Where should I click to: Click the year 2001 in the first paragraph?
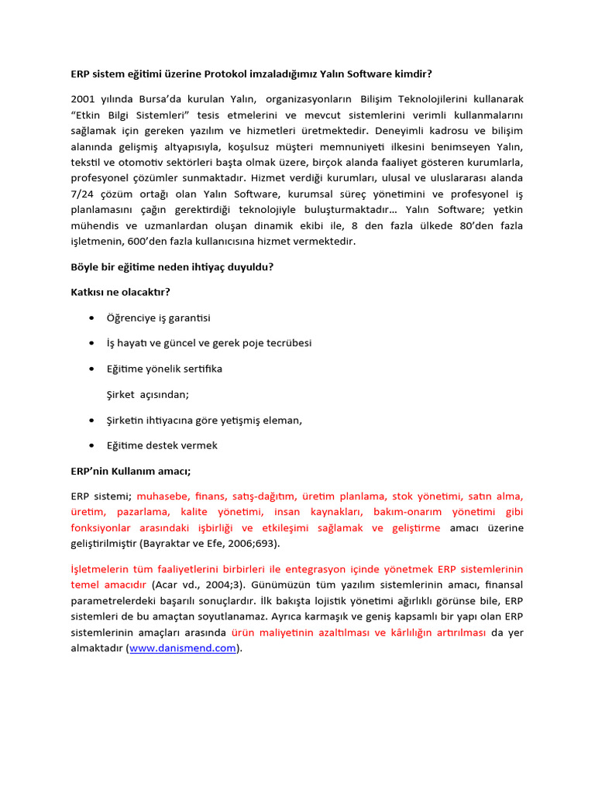pos(84,99)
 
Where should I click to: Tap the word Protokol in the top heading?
pos(232,74)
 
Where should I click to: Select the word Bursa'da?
pos(155,99)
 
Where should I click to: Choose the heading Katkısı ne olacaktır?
pos(120,292)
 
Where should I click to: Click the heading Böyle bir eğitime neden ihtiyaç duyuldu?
pos(171,266)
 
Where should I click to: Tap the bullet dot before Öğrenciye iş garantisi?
pos(93,318)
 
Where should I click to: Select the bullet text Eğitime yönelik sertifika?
pos(164,369)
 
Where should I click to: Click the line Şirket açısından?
pos(147,394)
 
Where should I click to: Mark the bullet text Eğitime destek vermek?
pos(162,445)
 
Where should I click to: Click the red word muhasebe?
pos(163,496)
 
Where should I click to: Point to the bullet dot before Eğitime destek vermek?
pos(93,445)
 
